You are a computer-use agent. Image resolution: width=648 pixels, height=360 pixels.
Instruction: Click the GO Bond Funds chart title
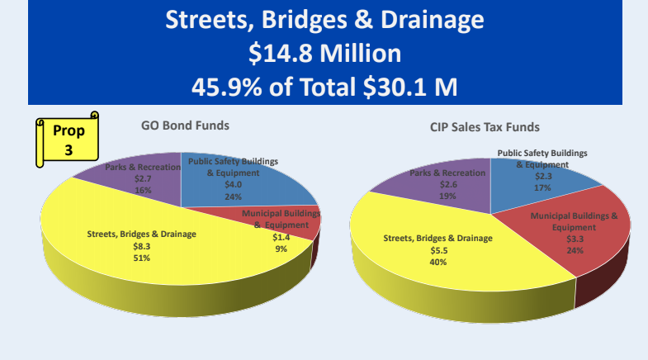pyautogui.click(x=183, y=126)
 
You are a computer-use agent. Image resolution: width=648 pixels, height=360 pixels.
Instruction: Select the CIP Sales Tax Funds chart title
pyautogui.click(x=485, y=127)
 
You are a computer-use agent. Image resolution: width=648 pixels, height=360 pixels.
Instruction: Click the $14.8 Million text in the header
pyautogui.click(x=324, y=54)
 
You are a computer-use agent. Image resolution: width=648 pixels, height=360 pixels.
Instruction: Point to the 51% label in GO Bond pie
pyautogui.click(x=142, y=258)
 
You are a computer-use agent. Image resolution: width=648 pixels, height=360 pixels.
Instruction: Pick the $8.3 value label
pyautogui.click(x=142, y=246)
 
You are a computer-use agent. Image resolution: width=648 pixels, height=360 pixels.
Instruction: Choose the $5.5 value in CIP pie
pyautogui.click(x=438, y=250)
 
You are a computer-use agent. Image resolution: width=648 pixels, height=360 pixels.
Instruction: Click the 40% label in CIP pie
pyautogui.click(x=438, y=262)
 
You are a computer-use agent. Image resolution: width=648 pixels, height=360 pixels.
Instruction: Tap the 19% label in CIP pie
pyautogui.click(x=448, y=197)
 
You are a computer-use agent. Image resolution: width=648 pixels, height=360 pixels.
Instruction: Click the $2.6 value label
pyautogui.click(x=448, y=185)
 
